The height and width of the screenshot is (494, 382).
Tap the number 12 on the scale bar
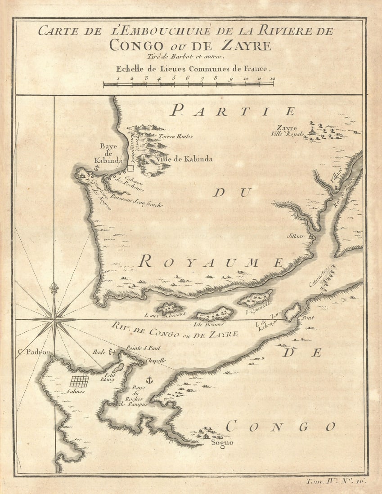(x=273, y=79)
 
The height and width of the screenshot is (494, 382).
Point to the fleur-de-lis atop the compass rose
(x=54, y=288)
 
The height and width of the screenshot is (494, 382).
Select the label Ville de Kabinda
(x=185, y=159)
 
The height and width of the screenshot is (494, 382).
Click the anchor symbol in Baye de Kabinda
(x=95, y=167)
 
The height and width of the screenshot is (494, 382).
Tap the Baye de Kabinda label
(x=108, y=153)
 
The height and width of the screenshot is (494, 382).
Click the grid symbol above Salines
(x=79, y=381)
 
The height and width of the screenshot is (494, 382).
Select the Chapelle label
(x=156, y=360)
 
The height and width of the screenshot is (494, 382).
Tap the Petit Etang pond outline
(x=118, y=368)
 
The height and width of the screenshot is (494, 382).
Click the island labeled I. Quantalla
(x=255, y=298)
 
